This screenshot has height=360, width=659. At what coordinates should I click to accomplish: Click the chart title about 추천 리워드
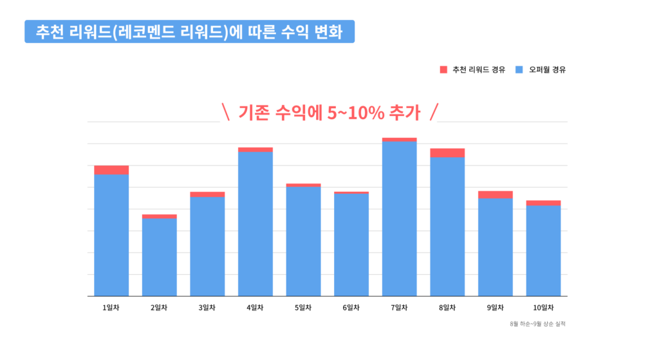coord(189,32)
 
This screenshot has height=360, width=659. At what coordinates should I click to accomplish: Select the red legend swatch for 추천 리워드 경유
coord(443,70)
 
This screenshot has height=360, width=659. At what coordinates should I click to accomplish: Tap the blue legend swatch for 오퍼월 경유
coord(520,70)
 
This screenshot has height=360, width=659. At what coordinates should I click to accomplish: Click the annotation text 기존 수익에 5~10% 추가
coord(329,113)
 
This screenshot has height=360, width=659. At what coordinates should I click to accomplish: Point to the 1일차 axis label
coord(111,307)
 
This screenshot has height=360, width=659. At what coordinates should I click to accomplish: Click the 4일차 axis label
coord(255,307)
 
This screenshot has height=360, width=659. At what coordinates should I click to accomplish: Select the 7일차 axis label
coord(399,307)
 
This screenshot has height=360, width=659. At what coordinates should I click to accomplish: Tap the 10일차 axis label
coord(543,307)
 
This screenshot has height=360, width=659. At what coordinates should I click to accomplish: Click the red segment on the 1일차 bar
coord(111,170)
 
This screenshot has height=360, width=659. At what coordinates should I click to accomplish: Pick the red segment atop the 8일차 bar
coord(447,153)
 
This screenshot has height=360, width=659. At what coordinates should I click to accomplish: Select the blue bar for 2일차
coord(159,258)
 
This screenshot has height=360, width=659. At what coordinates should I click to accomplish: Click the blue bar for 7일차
coord(399,219)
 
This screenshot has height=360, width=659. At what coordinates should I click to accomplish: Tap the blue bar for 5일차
coord(303,242)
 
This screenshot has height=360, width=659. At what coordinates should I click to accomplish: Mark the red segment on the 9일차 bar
coord(495,194)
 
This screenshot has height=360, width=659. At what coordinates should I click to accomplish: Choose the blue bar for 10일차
coord(543,251)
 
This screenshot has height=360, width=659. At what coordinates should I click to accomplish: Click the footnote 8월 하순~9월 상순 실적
coord(537,324)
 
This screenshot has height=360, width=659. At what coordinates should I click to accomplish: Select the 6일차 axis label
coord(351,307)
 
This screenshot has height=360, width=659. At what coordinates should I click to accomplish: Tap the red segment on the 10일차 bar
coord(543,203)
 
